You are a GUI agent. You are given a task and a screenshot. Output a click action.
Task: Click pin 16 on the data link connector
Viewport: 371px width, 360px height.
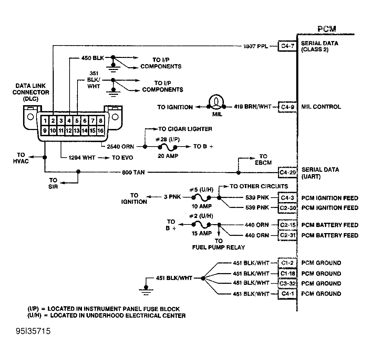click(x=100, y=130)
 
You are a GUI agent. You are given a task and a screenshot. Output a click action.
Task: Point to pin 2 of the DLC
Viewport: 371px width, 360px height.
click(x=53, y=121)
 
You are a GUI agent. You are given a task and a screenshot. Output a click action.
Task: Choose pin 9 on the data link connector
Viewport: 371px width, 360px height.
click(x=45, y=130)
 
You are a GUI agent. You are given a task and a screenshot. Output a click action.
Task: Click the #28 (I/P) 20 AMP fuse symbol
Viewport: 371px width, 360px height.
click(x=167, y=147)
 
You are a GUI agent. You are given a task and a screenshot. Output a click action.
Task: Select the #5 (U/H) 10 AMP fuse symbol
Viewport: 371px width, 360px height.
click(x=201, y=198)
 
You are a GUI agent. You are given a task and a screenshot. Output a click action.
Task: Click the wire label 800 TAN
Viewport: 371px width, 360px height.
click(x=133, y=172)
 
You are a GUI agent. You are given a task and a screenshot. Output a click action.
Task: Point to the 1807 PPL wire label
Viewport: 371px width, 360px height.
click(x=255, y=46)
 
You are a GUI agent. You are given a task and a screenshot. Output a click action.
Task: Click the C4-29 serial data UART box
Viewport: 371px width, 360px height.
click(x=287, y=172)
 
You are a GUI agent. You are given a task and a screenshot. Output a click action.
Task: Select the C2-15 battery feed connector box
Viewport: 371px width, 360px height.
click(x=287, y=225)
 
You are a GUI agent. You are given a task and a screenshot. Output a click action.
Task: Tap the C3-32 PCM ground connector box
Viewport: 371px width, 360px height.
click(x=287, y=283)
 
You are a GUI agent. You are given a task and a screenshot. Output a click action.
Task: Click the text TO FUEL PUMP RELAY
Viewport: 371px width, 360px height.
click(x=219, y=244)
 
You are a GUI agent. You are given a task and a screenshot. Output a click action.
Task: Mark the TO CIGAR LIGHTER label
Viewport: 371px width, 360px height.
click(x=185, y=129)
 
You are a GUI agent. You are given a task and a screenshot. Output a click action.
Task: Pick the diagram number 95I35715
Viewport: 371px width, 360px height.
click(x=33, y=331)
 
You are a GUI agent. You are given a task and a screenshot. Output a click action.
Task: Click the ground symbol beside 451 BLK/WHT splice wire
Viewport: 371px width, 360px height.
click(x=146, y=290)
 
